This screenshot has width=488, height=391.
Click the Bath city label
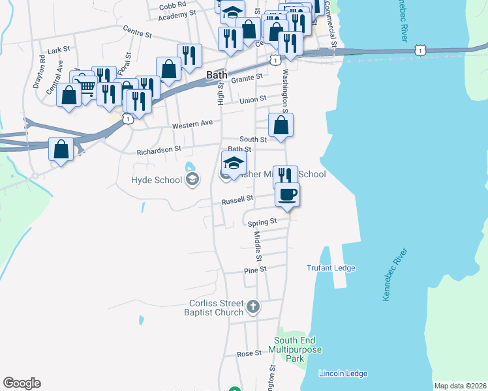(217, 75)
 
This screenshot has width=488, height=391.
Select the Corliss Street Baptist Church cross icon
(253, 305)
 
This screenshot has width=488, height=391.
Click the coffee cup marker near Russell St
(287, 194)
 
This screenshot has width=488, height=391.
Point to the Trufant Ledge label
(330, 268)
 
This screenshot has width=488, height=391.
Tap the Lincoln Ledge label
(343, 373)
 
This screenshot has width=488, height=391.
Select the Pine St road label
(255, 269)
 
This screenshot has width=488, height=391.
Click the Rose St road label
(249, 353)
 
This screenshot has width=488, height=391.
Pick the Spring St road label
(263, 222)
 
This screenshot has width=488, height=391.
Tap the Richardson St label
(159, 150)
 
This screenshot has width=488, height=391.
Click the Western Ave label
(192, 124)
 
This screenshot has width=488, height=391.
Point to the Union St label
(253, 100)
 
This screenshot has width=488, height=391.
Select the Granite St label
(247, 76)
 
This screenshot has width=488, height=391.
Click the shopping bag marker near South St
(281, 126)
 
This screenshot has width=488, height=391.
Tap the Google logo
(22, 383)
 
